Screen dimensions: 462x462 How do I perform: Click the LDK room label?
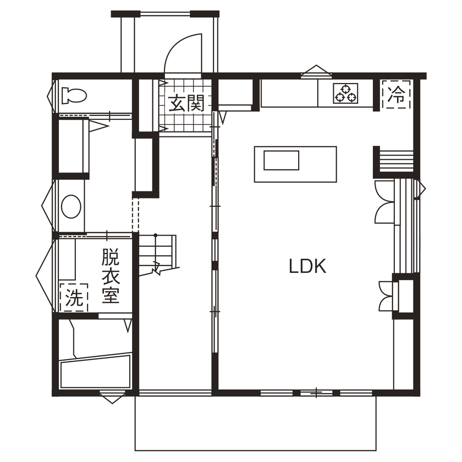308,267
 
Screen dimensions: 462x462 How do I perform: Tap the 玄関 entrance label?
187,103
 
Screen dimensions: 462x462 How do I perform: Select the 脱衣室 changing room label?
110,276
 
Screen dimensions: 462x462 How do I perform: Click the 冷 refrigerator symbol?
396,95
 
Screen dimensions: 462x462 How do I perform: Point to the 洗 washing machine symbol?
74,298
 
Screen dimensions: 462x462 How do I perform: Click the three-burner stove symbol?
345,93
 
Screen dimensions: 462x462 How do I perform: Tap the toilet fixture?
74,96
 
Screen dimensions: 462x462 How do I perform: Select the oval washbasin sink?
71,207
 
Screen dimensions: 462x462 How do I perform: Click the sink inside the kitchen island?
281,161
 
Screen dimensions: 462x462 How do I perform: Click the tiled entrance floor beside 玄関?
187,122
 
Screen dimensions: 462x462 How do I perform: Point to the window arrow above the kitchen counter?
316,70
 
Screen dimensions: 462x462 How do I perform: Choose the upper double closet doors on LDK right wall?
384,201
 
